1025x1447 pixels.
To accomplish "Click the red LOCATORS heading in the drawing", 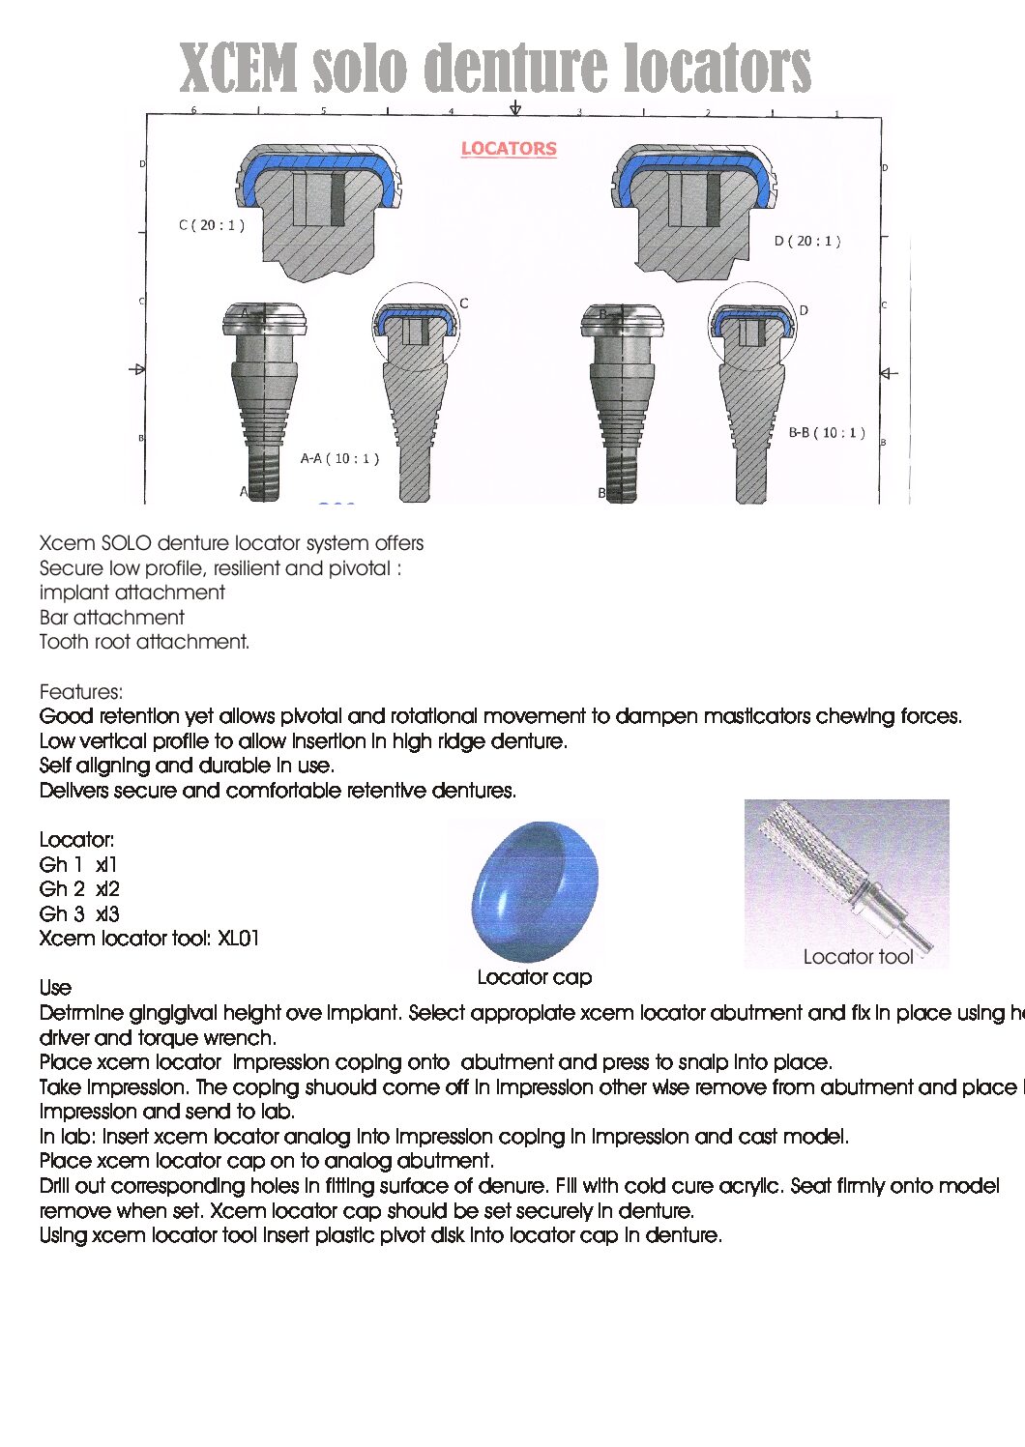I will (x=509, y=149).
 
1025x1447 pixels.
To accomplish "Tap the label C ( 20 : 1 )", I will (x=212, y=225).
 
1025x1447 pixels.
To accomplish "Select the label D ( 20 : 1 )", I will (x=807, y=241).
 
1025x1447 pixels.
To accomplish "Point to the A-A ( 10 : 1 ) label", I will (x=339, y=458).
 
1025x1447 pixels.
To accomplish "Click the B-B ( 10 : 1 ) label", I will (x=827, y=433).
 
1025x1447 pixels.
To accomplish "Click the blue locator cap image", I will (x=535, y=890).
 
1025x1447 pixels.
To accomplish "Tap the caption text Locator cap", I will (x=535, y=977).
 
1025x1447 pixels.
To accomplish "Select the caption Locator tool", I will (x=858, y=957).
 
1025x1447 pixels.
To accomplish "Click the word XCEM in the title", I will (x=239, y=70).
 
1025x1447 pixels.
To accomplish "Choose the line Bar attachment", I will (x=112, y=618).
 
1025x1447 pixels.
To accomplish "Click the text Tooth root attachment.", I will (x=144, y=642).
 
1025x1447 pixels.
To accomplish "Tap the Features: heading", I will (x=81, y=692).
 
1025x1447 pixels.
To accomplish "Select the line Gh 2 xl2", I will (x=79, y=889).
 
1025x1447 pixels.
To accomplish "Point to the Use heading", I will (x=55, y=988).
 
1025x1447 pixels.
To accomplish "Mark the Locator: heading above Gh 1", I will (x=76, y=840).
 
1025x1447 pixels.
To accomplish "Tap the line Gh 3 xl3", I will (x=79, y=914).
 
